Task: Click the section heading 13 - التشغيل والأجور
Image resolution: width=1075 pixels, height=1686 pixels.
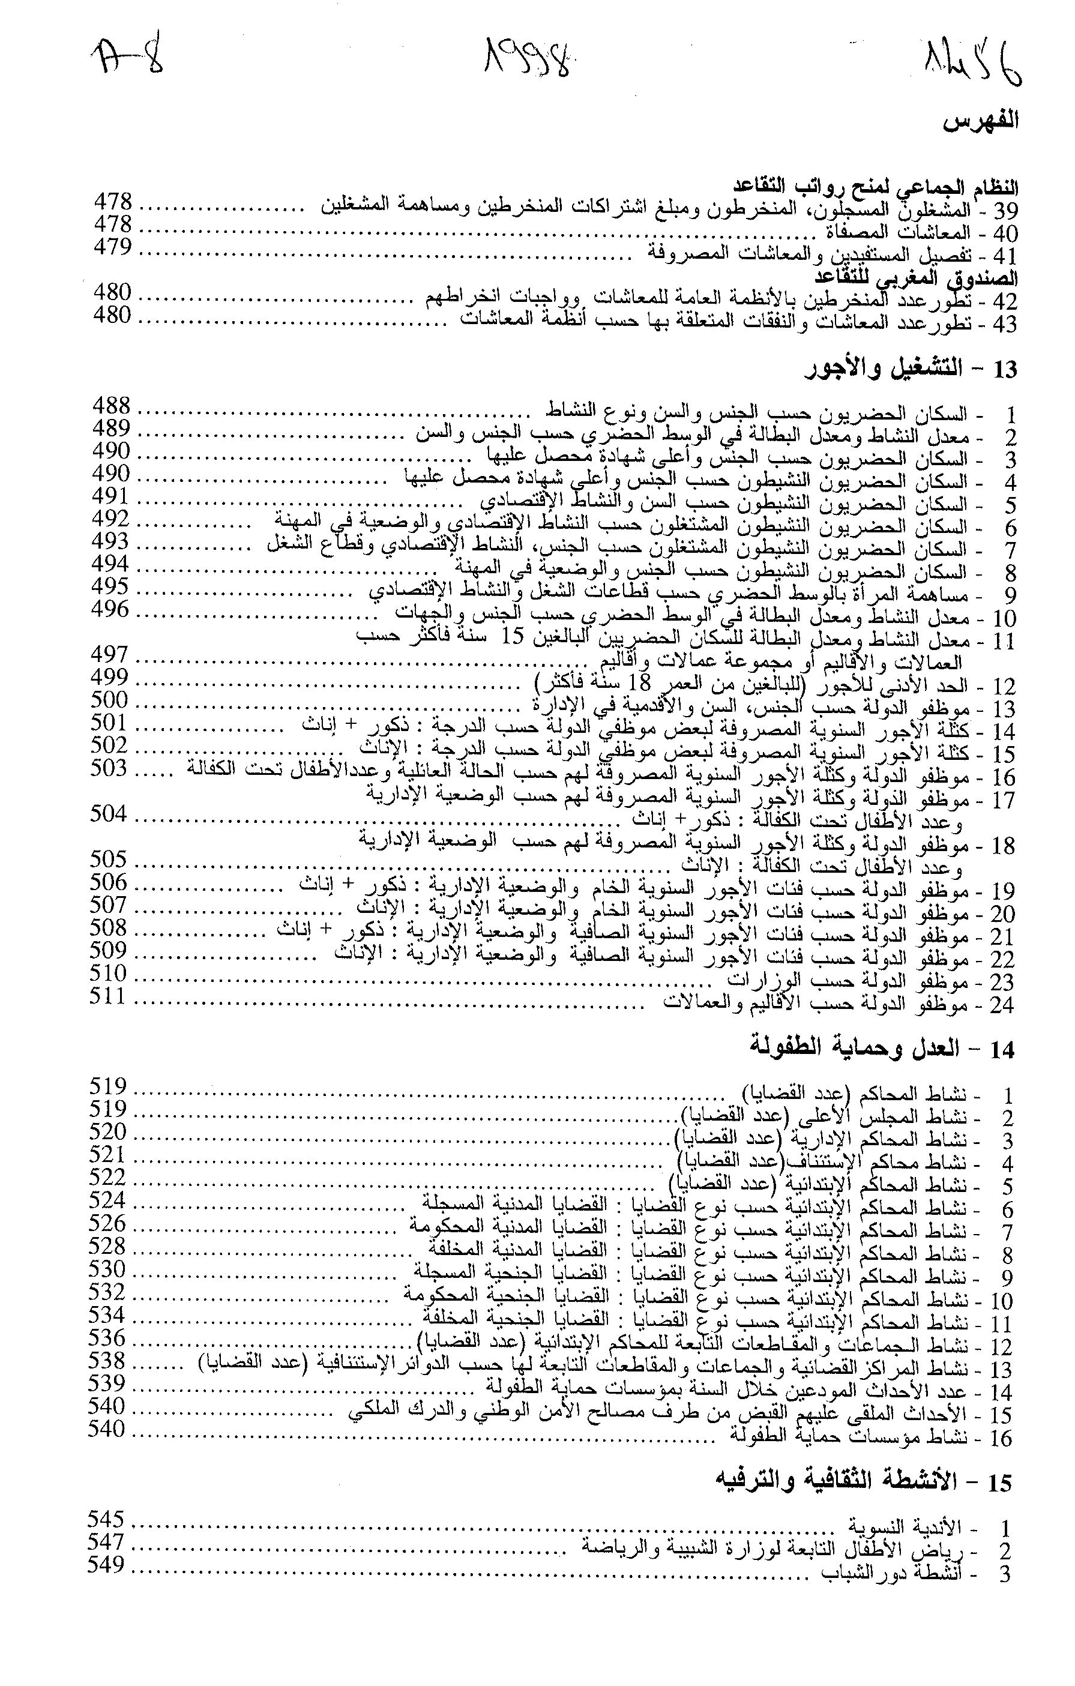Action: pyautogui.click(x=911, y=369)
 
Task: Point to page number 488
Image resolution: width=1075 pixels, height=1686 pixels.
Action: pyautogui.click(x=112, y=405)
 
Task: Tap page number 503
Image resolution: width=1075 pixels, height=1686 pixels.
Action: pyautogui.click(x=109, y=768)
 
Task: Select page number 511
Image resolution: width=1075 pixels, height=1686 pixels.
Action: pyautogui.click(x=108, y=995)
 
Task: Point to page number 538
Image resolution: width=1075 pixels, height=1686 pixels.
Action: pyautogui.click(x=107, y=1361)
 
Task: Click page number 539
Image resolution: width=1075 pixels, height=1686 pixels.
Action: pyautogui.click(x=107, y=1383)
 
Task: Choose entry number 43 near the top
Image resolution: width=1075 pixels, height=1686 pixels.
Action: pyautogui.click(x=1004, y=324)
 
